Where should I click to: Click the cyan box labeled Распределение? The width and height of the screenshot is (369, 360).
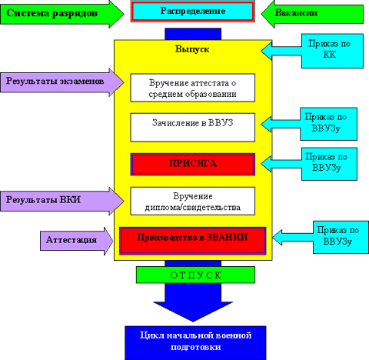pyautogui.click(x=193, y=12)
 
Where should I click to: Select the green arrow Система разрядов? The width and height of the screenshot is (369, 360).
pyautogui.click(x=62, y=13)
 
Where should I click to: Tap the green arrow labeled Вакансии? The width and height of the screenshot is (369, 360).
pyautogui.click(x=312, y=14)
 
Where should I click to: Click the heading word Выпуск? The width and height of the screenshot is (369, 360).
pyautogui.click(x=192, y=49)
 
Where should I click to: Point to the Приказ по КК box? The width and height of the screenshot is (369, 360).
pyautogui.click(x=332, y=51)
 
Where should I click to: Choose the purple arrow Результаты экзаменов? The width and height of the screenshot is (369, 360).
pyautogui.click(x=62, y=82)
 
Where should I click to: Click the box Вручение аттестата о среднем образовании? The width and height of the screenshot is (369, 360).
pyautogui.click(x=193, y=88)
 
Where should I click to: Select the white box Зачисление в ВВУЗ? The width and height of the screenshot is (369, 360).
pyautogui.click(x=193, y=128)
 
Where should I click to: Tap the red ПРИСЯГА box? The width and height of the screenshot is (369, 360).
pyautogui.click(x=193, y=164)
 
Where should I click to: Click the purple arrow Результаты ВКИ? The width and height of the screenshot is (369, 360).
pyautogui.click(x=62, y=201)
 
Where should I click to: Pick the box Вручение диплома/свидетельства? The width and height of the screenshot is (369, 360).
pyautogui.click(x=193, y=201)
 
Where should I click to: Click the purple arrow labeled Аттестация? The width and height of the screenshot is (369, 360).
pyautogui.click(x=76, y=241)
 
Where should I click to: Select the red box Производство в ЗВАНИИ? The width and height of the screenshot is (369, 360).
pyautogui.click(x=193, y=241)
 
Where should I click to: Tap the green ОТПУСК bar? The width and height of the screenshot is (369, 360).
pyautogui.click(x=195, y=275)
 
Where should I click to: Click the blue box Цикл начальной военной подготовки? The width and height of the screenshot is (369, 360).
pyautogui.click(x=195, y=343)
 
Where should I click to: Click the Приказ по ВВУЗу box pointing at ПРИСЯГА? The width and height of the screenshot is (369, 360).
pyautogui.click(x=329, y=164)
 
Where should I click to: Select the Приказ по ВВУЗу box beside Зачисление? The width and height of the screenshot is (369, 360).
pyautogui.click(x=328, y=124)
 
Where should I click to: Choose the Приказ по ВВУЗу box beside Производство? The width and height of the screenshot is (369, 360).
pyautogui.click(x=341, y=238)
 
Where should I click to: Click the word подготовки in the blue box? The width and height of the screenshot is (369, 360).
pyautogui.click(x=196, y=347)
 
